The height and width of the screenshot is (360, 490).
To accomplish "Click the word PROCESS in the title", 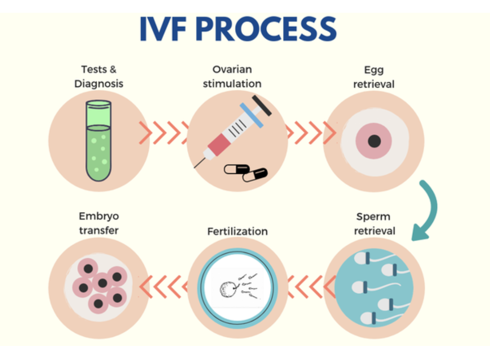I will click(x=267, y=30).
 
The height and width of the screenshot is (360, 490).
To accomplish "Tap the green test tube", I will click(x=98, y=141).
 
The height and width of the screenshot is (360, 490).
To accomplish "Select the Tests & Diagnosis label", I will click(x=98, y=77).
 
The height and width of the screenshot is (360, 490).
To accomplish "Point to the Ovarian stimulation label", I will click(x=232, y=77).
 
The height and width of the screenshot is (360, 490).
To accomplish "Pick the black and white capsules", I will click(x=246, y=172).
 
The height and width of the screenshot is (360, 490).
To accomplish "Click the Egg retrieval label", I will click(x=374, y=77).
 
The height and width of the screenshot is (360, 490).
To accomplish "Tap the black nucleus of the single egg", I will click(x=374, y=141).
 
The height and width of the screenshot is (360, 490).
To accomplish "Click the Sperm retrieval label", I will click(x=374, y=223).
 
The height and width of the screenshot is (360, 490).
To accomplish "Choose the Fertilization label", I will click(x=237, y=231).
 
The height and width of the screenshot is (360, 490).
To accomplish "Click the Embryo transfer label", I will click(x=98, y=223).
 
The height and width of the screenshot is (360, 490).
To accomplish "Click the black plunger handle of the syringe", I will click(x=262, y=105).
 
